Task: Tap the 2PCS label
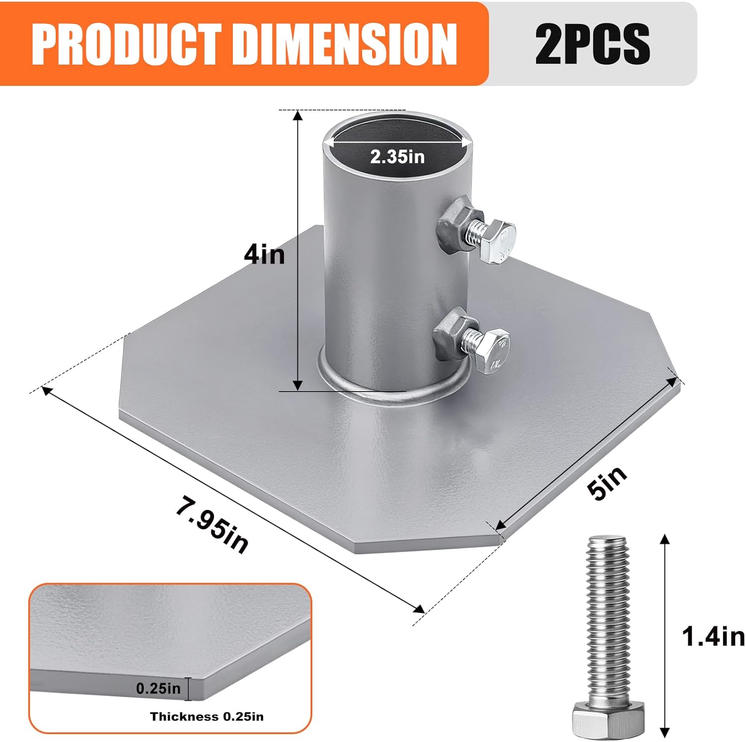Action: (592, 44)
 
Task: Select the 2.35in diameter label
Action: (397, 157)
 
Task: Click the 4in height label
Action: (264, 255)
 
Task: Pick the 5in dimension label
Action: (607, 483)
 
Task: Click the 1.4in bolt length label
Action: (713, 637)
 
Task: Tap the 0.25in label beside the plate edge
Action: (158, 688)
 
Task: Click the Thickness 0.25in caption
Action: (207, 717)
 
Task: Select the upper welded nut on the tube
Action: (453, 227)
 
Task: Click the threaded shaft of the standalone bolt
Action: (608, 616)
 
